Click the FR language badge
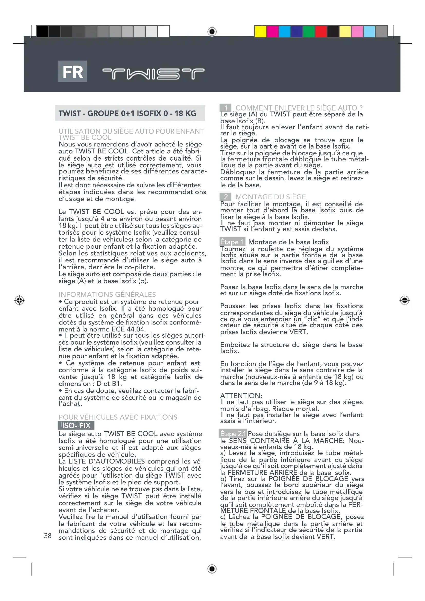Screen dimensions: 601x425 72,71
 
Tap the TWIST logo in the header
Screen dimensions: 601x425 153,74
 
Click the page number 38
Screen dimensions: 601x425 48,536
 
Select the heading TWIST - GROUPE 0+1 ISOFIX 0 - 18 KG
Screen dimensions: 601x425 127,113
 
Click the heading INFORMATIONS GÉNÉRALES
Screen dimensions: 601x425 107,294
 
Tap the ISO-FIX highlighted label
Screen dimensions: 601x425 76,425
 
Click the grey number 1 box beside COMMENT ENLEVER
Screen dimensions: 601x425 225,108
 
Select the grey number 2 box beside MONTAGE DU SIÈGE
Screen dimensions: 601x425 225,197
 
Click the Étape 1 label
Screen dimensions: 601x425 232,242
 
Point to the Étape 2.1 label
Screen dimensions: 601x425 233,434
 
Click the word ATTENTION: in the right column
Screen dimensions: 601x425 241,395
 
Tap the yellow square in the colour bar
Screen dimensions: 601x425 260,32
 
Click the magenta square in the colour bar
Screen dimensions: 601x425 272,32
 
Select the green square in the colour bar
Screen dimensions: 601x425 309,32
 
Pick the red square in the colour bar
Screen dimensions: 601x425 321,32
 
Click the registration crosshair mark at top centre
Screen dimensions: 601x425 212,32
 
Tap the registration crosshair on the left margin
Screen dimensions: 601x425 19,300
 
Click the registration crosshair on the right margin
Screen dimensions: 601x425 405,300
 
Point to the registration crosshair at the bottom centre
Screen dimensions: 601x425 212,569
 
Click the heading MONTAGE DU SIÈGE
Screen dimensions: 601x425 271,197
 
